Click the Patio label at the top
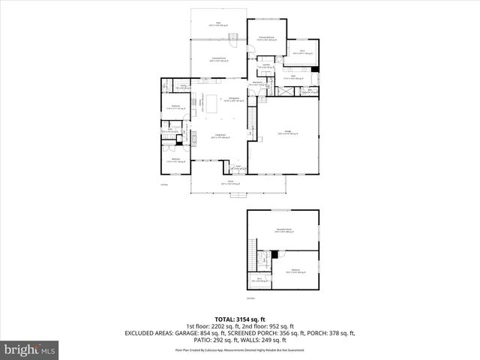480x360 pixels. [x=219, y=25]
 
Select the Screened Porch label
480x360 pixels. [x=219, y=58]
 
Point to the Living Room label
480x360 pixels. [x=221, y=136]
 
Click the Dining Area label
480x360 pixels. [x=233, y=100]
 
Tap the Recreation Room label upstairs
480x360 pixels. [x=283, y=230]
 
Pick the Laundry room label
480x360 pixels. [x=267, y=65]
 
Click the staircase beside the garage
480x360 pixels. [x=252, y=116]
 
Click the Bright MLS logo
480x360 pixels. [x=30, y=349]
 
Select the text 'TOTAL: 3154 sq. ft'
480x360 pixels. [x=239, y=319]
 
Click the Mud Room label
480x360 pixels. [x=256, y=84]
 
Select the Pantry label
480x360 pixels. [x=183, y=87]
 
